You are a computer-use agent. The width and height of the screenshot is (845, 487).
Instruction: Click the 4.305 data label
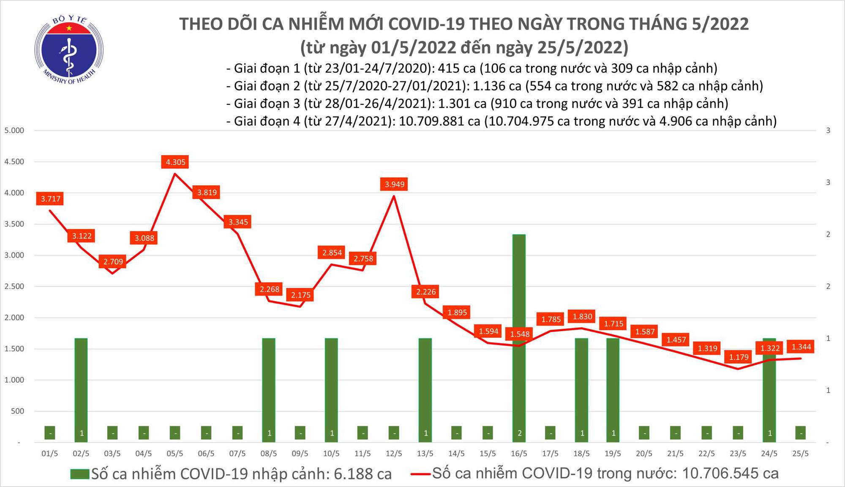point(175,162)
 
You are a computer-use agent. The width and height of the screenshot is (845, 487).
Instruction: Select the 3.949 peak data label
point(394,184)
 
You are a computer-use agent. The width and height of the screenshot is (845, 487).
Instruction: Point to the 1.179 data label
point(739,357)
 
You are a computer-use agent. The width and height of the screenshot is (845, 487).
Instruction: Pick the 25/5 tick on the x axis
point(800,454)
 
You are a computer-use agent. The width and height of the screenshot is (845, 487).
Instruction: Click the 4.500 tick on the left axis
point(14,162)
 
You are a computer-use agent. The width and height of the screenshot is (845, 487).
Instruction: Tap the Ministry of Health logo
point(69,50)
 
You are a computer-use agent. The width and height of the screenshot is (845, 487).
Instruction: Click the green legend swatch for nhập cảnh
point(80,474)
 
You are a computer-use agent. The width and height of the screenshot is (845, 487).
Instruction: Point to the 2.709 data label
point(113,262)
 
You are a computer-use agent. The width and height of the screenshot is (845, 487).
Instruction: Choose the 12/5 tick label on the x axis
point(394,454)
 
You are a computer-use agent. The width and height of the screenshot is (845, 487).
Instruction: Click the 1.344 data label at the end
point(801,347)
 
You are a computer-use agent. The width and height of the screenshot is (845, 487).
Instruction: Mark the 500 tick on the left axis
point(17,411)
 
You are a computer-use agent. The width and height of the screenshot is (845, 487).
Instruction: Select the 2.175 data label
point(300,295)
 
